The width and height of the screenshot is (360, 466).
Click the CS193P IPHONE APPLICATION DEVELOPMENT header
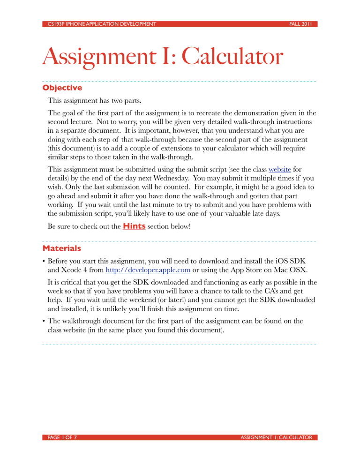[99, 23]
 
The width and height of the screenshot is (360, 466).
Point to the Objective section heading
[62, 88]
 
